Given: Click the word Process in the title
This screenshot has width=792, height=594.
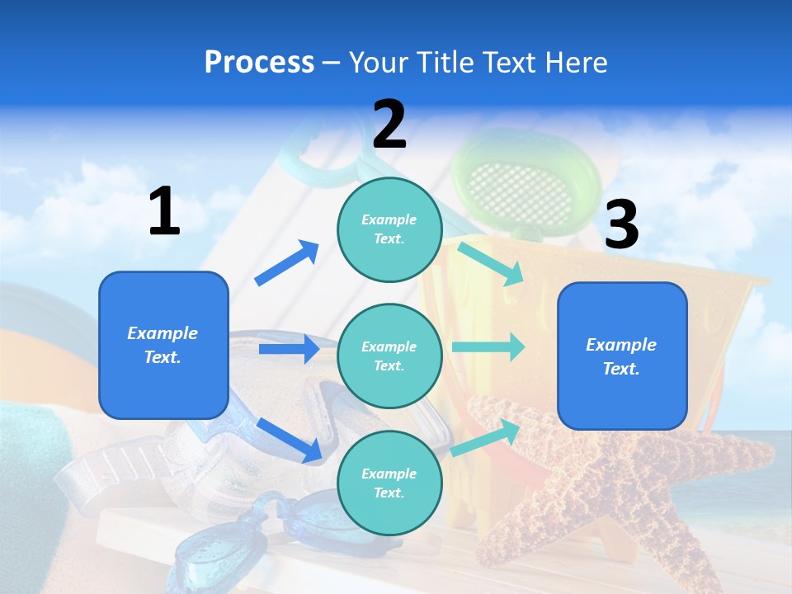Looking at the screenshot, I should pyautogui.click(x=259, y=63).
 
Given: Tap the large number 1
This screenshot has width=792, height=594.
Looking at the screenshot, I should pyautogui.click(x=164, y=212).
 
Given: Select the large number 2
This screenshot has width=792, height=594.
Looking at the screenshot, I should pyautogui.click(x=389, y=125).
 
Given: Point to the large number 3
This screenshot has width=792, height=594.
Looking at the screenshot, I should pyautogui.click(x=621, y=225).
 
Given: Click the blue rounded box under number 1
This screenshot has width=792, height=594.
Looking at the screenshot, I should pyautogui.click(x=163, y=345).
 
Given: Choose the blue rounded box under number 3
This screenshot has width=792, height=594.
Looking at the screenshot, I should pyautogui.click(x=622, y=356).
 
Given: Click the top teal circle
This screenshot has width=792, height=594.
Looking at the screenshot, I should pyautogui.click(x=389, y=229).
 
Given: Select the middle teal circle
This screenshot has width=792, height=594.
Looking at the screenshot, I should pyautogui.click(x=389, y=356).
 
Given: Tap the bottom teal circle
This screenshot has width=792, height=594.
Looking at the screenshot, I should pyautogui.click(x=389, y=483).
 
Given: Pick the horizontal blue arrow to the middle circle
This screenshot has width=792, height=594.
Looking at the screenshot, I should pyautogui.click(x=289, y=349).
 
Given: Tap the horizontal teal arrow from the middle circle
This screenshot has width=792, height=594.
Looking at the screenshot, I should pyautogui.click(x=488, y=346).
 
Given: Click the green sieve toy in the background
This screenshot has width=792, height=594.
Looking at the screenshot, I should pyautogui.click(x=528, y=181).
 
